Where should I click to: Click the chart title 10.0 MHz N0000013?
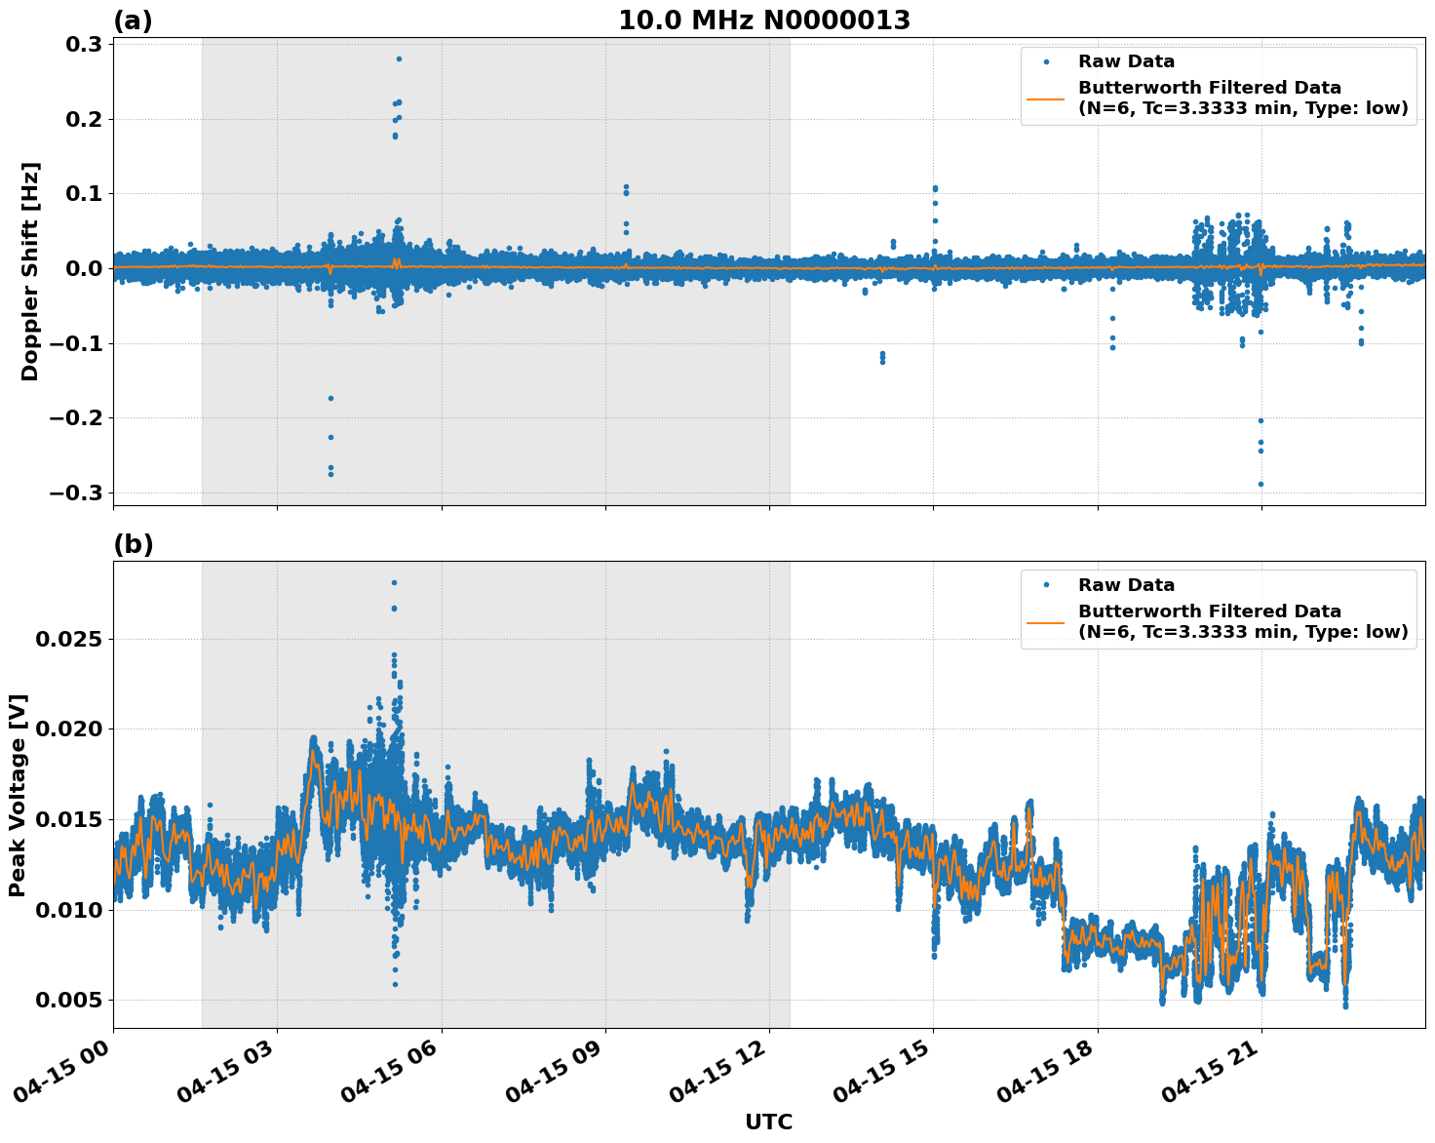click(x=764, y=20)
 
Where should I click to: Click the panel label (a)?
click(x=134, y=20)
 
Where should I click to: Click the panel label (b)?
click(x=134, y=544)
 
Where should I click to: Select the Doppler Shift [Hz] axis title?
click(x=30, y=271)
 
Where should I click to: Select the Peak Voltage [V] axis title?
click(x=18, y=795)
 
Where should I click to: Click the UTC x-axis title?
click(x=768, y=1122)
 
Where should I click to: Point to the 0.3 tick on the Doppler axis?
click(x=83, y=45)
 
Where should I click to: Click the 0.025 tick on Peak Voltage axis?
click(x=69, y=639)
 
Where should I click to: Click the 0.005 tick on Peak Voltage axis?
click(x=69, y=1000)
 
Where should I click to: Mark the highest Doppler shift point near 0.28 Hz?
click(x=399, y=59)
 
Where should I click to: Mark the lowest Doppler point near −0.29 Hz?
click(x=1260, y=484)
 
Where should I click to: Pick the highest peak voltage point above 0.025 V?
click(x=394, y=582)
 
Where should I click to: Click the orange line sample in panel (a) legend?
click(x=1047, y=98)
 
